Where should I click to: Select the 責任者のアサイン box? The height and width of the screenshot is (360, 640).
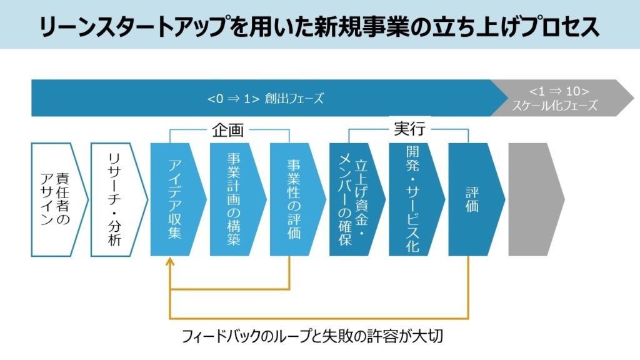point(57,199)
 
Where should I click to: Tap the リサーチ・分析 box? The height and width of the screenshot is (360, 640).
point(116,199)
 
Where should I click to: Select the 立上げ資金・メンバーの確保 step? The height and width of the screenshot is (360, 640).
point(353,199)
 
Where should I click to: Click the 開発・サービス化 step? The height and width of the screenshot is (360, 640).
point(412,199)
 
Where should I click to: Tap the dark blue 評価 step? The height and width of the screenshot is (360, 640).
point(472,199)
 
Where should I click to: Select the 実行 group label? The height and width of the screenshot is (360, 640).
point(409,129)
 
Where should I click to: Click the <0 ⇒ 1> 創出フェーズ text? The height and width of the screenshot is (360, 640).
point(266,99)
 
